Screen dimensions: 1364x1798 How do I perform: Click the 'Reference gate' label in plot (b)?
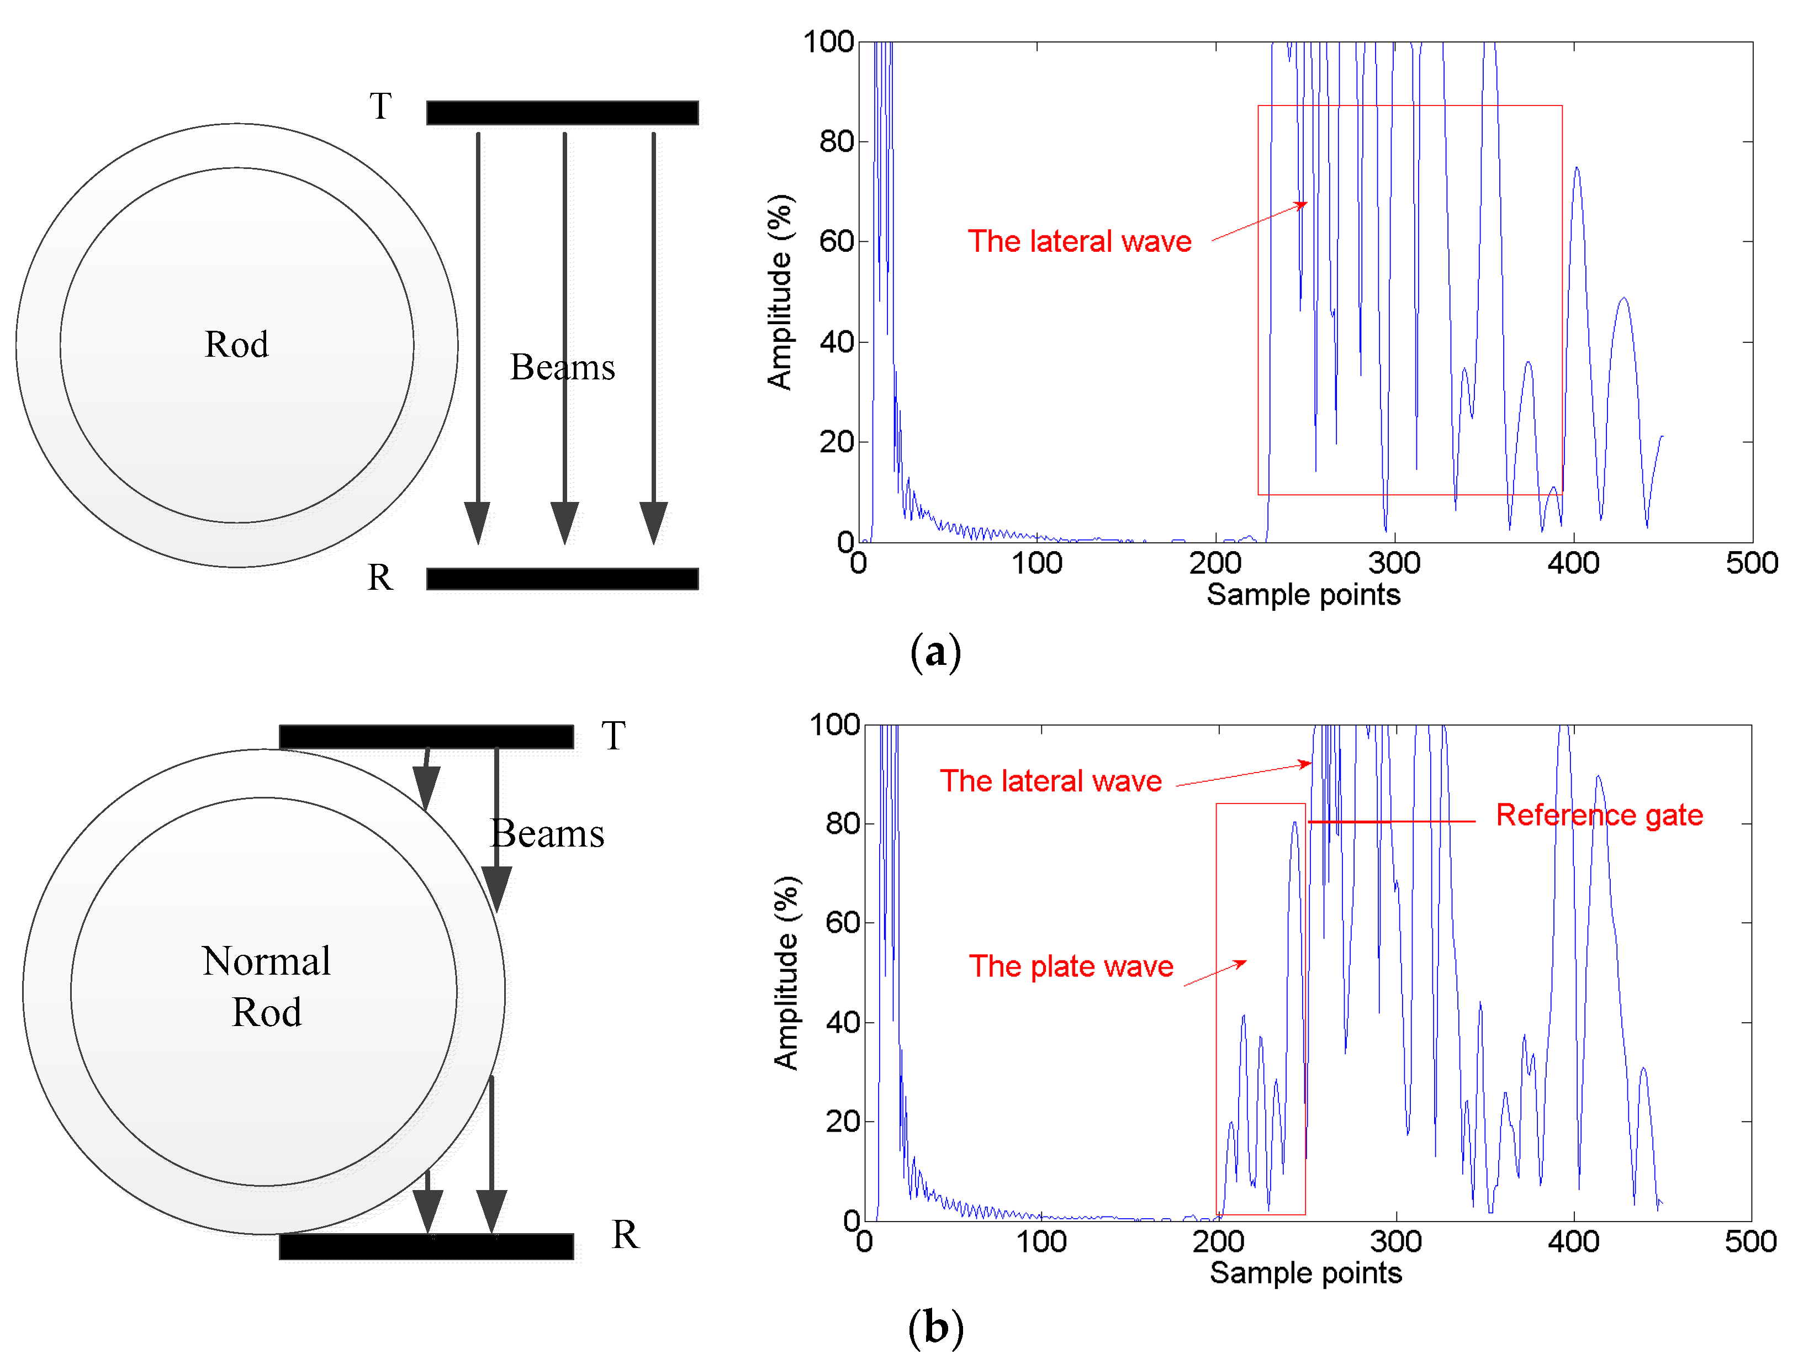click(x=1599, y=815)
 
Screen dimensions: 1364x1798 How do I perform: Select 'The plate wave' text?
click(x=1071, y=966)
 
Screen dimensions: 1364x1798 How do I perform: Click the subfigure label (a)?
click(x=935, y=652)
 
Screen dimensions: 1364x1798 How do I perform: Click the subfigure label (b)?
click(x=935, y=1328)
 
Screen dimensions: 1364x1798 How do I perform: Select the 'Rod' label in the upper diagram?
click(x=236, y=344)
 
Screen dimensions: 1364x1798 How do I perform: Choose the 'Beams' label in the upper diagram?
click(x=563, y=367)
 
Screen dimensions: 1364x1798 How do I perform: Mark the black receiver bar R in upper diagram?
click(x=563, y=579)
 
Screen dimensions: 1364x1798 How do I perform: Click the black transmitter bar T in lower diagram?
click(x=426, y=737)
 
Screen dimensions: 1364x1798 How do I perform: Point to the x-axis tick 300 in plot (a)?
click(x=1394, y=563)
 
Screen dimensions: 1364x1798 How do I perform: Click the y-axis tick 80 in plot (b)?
click(x=843, y=823)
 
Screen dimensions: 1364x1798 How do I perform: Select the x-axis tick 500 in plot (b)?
click(x=1750, y=1241)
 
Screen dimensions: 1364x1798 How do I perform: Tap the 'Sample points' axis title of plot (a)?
click(x=1303, y=594)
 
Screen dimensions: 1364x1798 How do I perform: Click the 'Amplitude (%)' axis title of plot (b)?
click(x=786, y=973)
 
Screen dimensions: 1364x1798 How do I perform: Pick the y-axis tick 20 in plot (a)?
click(x=837, y=442)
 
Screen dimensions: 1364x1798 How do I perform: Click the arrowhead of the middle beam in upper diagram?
click(x=564, y=522)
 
